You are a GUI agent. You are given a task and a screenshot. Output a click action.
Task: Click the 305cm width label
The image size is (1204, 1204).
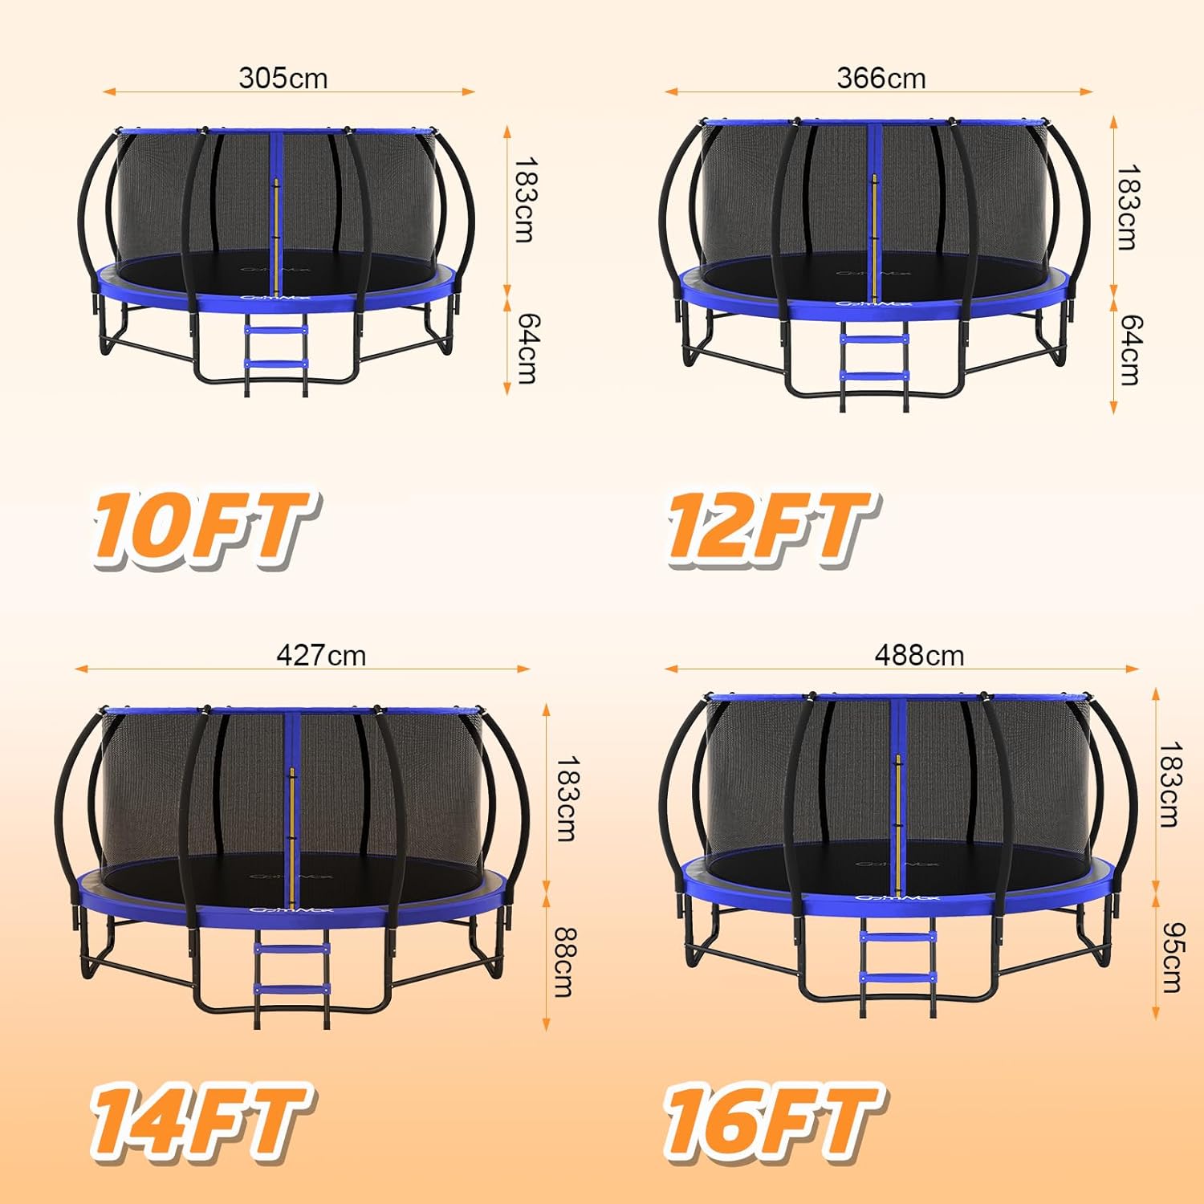pyautogui.click(x=283, y=78)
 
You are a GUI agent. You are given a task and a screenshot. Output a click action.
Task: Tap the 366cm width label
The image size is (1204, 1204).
pyautogui.click(x=881, y=78)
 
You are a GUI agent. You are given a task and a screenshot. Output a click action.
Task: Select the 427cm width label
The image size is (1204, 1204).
pyautogui.click(x=321, y=656)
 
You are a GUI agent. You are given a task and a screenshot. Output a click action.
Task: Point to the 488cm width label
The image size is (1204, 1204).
pyautogui.click(x=919, y=656)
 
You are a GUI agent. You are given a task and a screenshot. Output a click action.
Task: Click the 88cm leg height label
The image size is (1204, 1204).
pyautogui.click(x=565, y=962)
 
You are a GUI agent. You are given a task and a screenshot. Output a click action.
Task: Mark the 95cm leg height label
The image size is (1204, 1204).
pyautogui.click(x=1171, y=956)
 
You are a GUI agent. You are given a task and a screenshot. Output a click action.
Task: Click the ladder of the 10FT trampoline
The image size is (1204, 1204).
pyautogui.click(x=276, y=353)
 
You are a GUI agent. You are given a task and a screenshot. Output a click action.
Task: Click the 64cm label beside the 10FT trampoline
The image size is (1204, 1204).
pyautogui.click(x=527, y=348)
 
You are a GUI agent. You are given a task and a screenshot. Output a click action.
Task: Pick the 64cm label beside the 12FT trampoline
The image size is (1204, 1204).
pyautogui.click(x=1129, y=349)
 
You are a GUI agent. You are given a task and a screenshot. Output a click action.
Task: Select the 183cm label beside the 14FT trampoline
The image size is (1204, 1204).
pyautogui.click(x=566, y=798)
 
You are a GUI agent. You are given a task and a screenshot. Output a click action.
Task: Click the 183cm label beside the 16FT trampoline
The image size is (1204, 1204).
pyautogui.click(x=1170, y=784)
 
